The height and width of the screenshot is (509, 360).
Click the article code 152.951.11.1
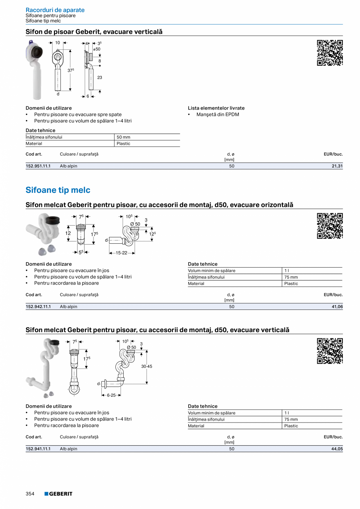[38, 166]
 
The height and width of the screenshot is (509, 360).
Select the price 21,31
[337, 166]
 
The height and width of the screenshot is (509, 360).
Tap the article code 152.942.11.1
[38, 307]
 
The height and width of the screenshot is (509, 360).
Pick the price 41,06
[337, 307]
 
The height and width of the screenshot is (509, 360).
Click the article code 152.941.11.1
[38, 449]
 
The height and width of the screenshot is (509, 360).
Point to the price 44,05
[337, 449]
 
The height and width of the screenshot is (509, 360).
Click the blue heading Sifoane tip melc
[58, 190]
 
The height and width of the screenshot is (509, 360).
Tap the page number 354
[30, 494]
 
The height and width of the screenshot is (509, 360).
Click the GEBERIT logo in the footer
[58, 494]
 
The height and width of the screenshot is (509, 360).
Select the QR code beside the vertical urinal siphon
[330, 53]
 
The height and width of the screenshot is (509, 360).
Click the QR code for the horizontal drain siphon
[330, 226]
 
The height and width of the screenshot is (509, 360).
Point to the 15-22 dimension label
[122, 253]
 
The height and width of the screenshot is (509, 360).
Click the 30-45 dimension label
[147, 367]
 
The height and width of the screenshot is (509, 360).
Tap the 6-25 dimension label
[111, 395]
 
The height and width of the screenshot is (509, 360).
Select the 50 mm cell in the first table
[124, 137]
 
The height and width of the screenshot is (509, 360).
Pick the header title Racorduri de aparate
[55, 10]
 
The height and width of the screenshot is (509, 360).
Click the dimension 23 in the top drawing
[99, 77]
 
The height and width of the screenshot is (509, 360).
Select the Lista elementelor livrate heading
[216, 108]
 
